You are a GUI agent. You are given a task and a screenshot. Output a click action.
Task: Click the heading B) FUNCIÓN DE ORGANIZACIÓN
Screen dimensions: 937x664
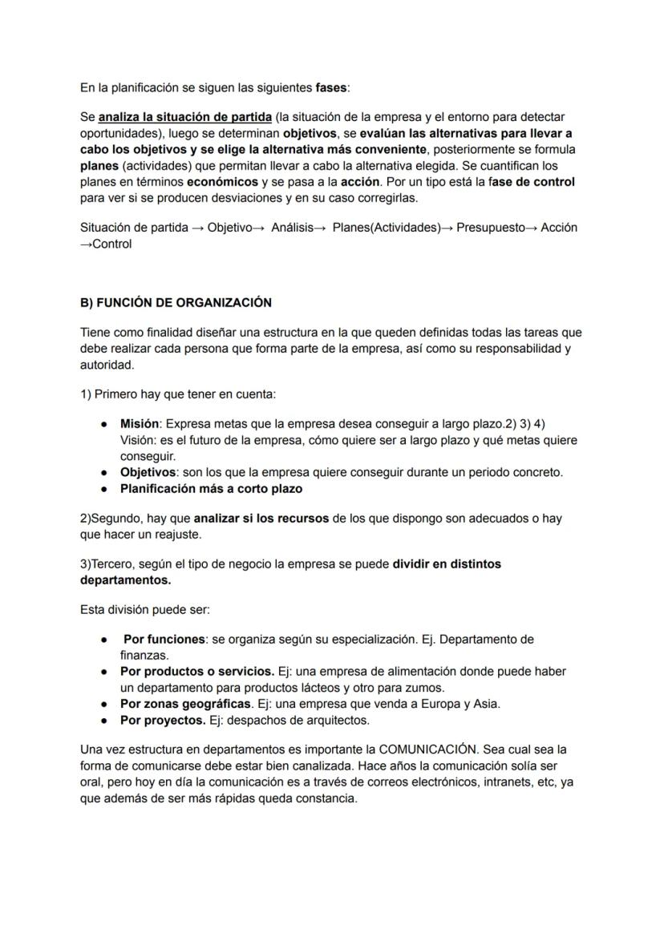point(176,302)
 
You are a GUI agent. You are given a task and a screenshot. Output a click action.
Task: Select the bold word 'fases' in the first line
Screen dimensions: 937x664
point(332,87)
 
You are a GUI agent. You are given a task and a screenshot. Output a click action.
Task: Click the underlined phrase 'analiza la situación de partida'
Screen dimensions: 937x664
point(185,117)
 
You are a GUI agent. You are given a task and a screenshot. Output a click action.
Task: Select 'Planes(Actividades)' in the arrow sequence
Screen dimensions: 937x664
point(387,227)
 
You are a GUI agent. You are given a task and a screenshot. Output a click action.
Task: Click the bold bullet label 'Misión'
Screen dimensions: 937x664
point(140,423)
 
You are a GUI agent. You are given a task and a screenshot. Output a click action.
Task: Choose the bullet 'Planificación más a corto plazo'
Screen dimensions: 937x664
point(211,488)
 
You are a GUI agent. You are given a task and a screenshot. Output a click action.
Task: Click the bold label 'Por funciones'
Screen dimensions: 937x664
point(164,639)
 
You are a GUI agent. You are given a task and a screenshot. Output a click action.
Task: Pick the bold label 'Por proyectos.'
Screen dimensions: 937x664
point(163,720)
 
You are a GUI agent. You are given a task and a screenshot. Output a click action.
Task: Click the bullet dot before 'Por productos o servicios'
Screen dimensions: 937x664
point(104,672)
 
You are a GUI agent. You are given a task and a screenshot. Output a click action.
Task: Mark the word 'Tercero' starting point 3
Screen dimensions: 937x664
point(111,563)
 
